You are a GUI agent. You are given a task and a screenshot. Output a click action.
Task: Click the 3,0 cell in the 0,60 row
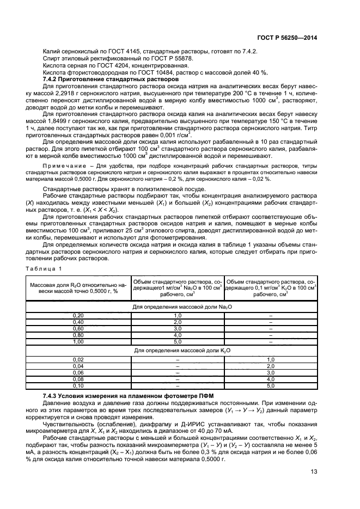(x=177, y=329)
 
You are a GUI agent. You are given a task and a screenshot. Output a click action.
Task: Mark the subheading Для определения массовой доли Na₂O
(x=177, y=308)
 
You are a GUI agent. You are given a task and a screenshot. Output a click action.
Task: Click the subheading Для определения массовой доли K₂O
(x=177, y=351)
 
